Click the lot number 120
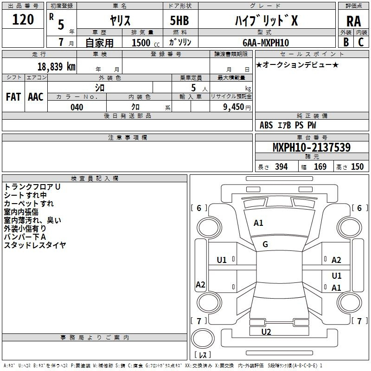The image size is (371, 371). (x=23, y=19)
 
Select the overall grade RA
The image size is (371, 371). (x=354, y=21)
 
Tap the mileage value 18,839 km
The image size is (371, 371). (x=57, y=66)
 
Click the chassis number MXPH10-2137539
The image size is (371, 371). (x=312, y=147)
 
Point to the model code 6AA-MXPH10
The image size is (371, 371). (x=266, y=43)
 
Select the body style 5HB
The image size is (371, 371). (x=179, y=20)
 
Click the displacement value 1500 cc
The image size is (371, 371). (x=146, y=43)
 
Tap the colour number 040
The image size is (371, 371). (x=77, y=107)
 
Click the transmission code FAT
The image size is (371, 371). (x=13, y=97)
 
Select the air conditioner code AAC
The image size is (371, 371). (x=36, y=97)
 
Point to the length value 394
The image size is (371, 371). (x=281, y=166)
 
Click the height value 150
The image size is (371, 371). (x=357, y=166)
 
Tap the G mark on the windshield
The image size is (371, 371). (x=265, y=244)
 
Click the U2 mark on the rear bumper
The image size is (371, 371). (x=266, y=332)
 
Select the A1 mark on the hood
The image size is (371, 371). (x=258, y=223)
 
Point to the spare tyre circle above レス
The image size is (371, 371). (x=202, y=339)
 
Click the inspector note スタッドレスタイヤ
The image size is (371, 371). (x=35, y=245)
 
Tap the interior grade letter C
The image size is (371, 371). (x=361, y=42)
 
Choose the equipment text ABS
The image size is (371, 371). (x=266, y=125)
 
